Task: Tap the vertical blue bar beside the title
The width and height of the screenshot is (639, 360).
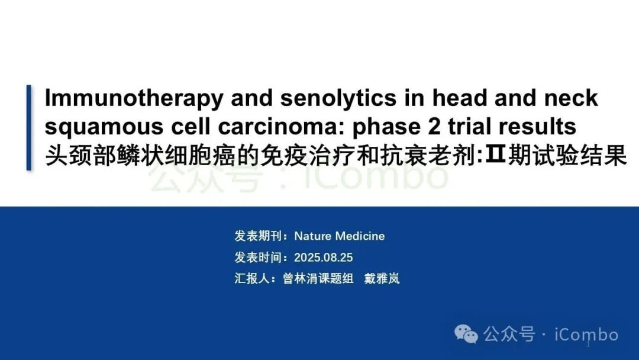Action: coord(28,127)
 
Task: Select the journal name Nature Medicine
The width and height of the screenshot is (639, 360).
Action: coord(340,236)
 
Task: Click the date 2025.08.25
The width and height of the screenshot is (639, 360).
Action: coord(323,258)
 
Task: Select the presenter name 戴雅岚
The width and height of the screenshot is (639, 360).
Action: coord(382,279)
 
